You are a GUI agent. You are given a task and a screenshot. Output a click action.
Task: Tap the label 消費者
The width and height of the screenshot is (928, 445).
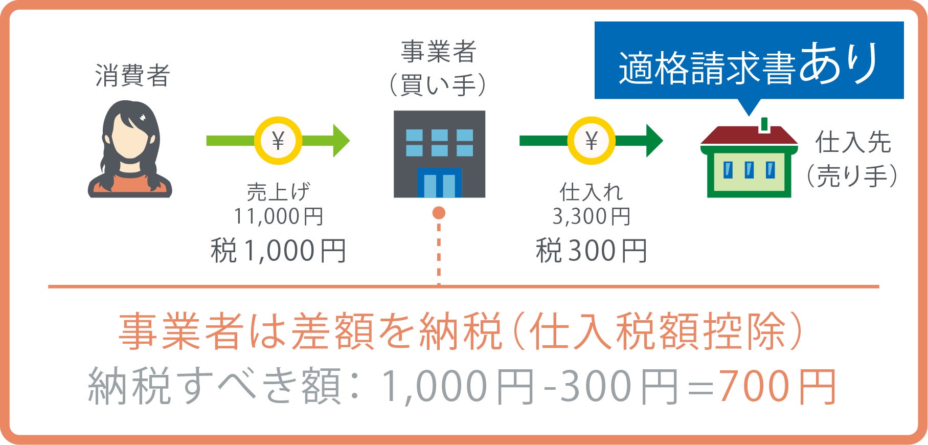tap(132, 76)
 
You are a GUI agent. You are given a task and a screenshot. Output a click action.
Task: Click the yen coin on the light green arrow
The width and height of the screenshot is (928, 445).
tap(278, 141)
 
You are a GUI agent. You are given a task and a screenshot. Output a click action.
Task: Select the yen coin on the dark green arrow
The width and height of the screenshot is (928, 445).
tap(591, 141)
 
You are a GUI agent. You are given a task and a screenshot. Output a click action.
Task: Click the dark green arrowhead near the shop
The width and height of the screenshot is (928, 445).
tap(654, 141)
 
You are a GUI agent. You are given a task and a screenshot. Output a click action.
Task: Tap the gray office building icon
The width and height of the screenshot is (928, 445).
tap(439, 153)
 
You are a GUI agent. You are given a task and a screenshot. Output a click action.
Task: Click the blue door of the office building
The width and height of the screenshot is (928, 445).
tap(439, 183)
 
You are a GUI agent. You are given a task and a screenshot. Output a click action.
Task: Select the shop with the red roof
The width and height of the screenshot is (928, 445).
tap(749, 161)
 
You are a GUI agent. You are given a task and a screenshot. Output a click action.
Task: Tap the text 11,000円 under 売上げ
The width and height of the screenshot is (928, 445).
tap(279, 216)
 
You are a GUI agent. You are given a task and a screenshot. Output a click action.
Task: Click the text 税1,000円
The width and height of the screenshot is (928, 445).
tap(279, 251)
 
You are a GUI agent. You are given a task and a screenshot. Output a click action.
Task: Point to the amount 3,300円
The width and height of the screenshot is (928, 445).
tap(591, 216)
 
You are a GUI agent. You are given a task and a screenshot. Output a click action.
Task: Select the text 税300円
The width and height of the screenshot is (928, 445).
tap(591, 251)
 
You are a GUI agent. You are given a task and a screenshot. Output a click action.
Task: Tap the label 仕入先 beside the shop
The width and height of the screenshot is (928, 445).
tap(853, 142)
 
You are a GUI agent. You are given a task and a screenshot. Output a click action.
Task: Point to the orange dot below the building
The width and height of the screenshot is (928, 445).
tap(439, 213)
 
